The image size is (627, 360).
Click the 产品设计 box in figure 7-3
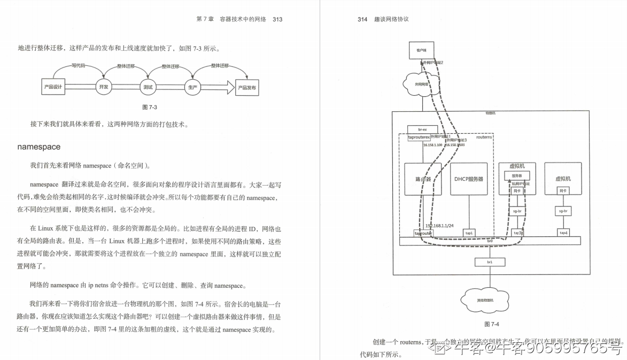pyautogui.click(x=53, y=87)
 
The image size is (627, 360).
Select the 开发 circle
pyautogui.click(x=104, y=87)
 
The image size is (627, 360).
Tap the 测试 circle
pyautogui.click(x=148, y=87)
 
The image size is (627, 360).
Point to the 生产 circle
pyautogui.click(x=192, y=87)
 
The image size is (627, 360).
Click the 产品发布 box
pyautogui.click(x=247, y=87)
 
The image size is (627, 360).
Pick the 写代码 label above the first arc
pyautogui.click(x=79, y=66)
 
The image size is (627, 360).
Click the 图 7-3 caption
pyautogui.click(x=150, y=108)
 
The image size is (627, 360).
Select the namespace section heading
pyautogui.click(x=39, y=147)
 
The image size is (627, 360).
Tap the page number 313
pyautogui.click(x=277, y=19)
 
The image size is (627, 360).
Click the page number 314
pyautogui.click(x=362, y=19)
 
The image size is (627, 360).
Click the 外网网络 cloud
pyautogui.click(x=423, y=84)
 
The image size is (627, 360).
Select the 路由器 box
pyautogui.click(x=423, y=179)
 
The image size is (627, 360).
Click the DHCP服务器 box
pyautogui.click(x=469, y=179)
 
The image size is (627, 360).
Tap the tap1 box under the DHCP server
pyautogui.click(x=469, y=233)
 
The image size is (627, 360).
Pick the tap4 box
pyautogui.click(x=563, y=233)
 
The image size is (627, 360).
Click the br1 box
pyautogui.click(x=489, y=262)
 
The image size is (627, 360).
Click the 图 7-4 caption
pyautogui.click(x=491, y=324)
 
